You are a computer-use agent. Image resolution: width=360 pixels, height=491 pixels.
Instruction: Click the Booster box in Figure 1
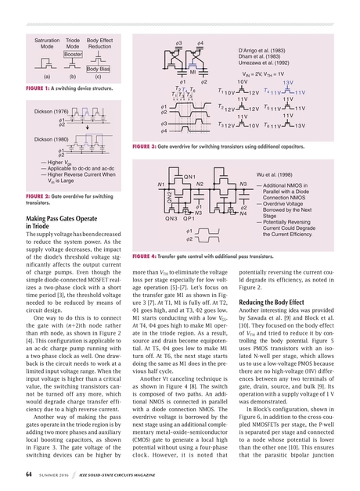[74, 55]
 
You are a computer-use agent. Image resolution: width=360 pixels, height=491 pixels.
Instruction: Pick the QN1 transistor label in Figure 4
[190, 177]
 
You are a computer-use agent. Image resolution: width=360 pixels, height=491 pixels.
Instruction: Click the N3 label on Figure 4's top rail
[243, 184]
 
